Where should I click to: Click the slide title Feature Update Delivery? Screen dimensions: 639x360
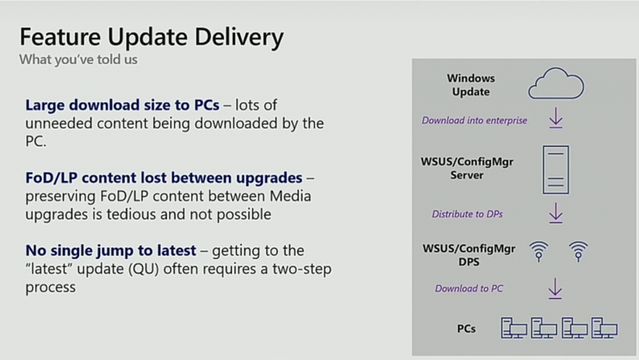pyautogui.click(x=152, y=37)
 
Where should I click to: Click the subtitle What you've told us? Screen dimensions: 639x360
pyautogui.click(x=78, y=59)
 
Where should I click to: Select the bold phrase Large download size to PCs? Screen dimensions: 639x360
pyautogui.click(x=122, y=105)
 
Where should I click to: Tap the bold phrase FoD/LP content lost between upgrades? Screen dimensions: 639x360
pyautogui.click(x=164, y=178)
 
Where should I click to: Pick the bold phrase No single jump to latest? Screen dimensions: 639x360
pyautogui.click(x=111, y=250)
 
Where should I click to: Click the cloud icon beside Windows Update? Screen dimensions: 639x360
pyautogui.click(x=556, y=84)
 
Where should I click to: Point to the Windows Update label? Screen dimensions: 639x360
pyautogui.click(x=471, y=85)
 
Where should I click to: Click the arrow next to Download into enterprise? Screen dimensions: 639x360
pyautogui.click(x=556, y=118)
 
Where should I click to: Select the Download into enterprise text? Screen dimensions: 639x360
pyautogui.click(x=474, y=120)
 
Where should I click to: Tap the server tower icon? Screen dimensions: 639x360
pyautogui.click(x=556, y=170)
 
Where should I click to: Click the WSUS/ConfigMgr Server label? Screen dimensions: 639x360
pyautogui.click(x=467, y=168)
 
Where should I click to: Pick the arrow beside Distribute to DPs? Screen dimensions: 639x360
pyautogui.click(x=556, y=213)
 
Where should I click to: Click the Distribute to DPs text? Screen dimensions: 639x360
pyautogui.click(x=467, y=214)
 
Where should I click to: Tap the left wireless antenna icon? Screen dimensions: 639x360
pyautogui.click(x=539, y=251)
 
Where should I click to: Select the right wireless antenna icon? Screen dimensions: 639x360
pyautogui.click(x=578, y=251)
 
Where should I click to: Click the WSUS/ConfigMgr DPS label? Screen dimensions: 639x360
pyautogui.click(x=469, y=255)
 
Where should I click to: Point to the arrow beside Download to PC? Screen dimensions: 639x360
pyautogui.click(x=555, y=289)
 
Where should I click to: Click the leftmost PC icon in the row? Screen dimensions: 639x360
pyautogui.click(x=514, y=328)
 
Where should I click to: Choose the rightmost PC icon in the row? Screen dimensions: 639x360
pyautogui.click(x=604, y=328)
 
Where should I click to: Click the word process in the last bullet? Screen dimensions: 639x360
pyautogui.click(x=51, y=288)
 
